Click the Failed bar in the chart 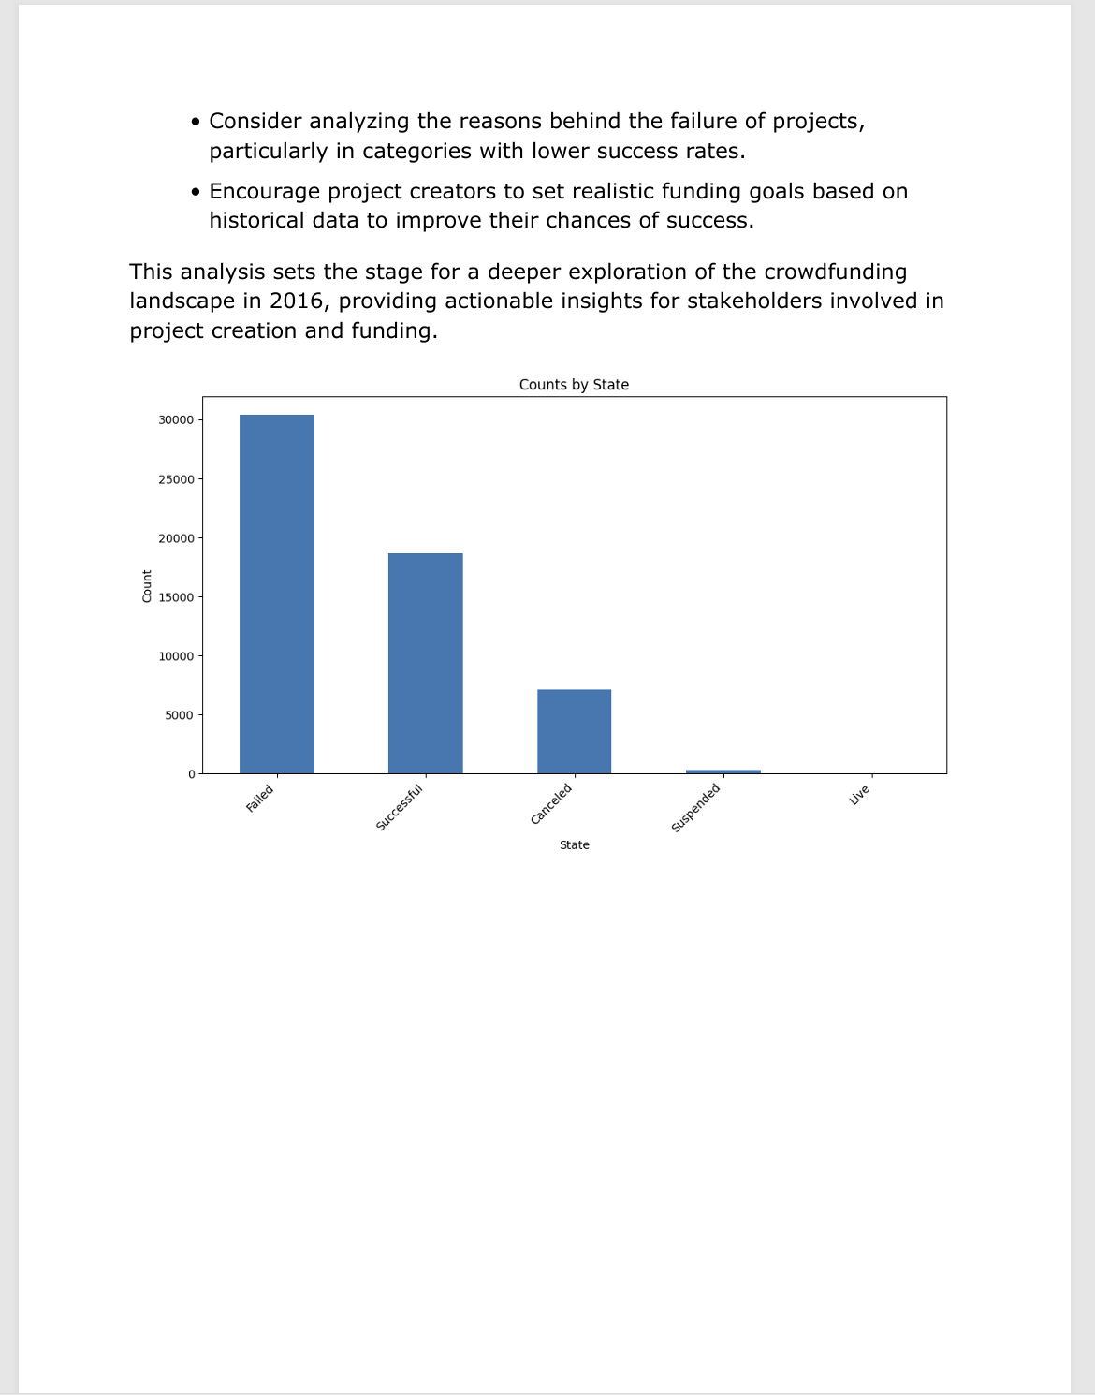(x=277, y=594)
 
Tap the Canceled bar (x=574, y=731)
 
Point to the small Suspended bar (x=723, y=771)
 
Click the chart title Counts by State (x=574, y=385)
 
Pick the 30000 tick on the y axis (x=176, y=420)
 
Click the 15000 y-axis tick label (x=176, y=597)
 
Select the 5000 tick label (x=179, y=715)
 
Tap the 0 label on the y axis (x=191, y=774)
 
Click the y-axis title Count (x=147, y=586)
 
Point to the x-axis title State (x=574, y=845)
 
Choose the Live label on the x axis (x=860, y=795)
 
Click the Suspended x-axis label (x=696, y=807)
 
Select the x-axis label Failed (x=260, y=799)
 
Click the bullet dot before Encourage (x=195, y=192)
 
